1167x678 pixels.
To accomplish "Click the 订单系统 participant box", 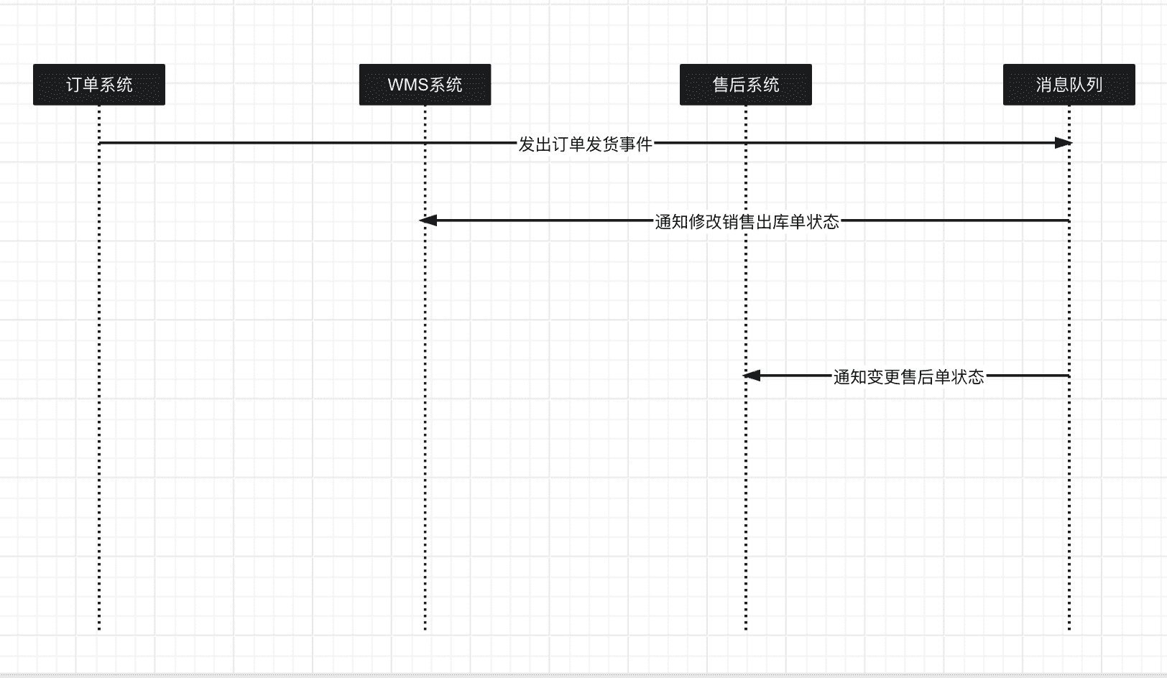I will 99,85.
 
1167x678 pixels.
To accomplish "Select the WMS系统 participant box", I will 425,85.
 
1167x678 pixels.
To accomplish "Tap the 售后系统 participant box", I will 745,85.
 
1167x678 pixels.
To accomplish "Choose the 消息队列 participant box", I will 1069,85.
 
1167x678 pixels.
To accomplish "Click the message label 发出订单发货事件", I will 585,144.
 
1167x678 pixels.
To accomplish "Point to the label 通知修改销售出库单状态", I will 747,222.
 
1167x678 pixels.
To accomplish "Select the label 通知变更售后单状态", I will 908,377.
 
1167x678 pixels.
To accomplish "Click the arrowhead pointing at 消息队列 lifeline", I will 1063,143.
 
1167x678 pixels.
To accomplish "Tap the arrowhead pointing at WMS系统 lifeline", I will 428,220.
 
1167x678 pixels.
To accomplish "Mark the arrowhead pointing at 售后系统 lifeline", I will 752,376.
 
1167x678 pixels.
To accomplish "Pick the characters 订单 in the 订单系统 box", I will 82,85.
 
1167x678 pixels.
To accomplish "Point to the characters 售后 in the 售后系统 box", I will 729,85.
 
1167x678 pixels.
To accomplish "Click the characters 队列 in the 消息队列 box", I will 1086,85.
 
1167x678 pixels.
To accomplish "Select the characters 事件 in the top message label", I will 635,144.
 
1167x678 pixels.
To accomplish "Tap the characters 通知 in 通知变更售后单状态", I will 850,377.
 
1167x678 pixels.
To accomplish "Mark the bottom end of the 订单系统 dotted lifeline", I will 99,628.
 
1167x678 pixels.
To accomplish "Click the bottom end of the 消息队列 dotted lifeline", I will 1069,628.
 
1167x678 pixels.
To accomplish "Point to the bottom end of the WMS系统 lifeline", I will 425,628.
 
